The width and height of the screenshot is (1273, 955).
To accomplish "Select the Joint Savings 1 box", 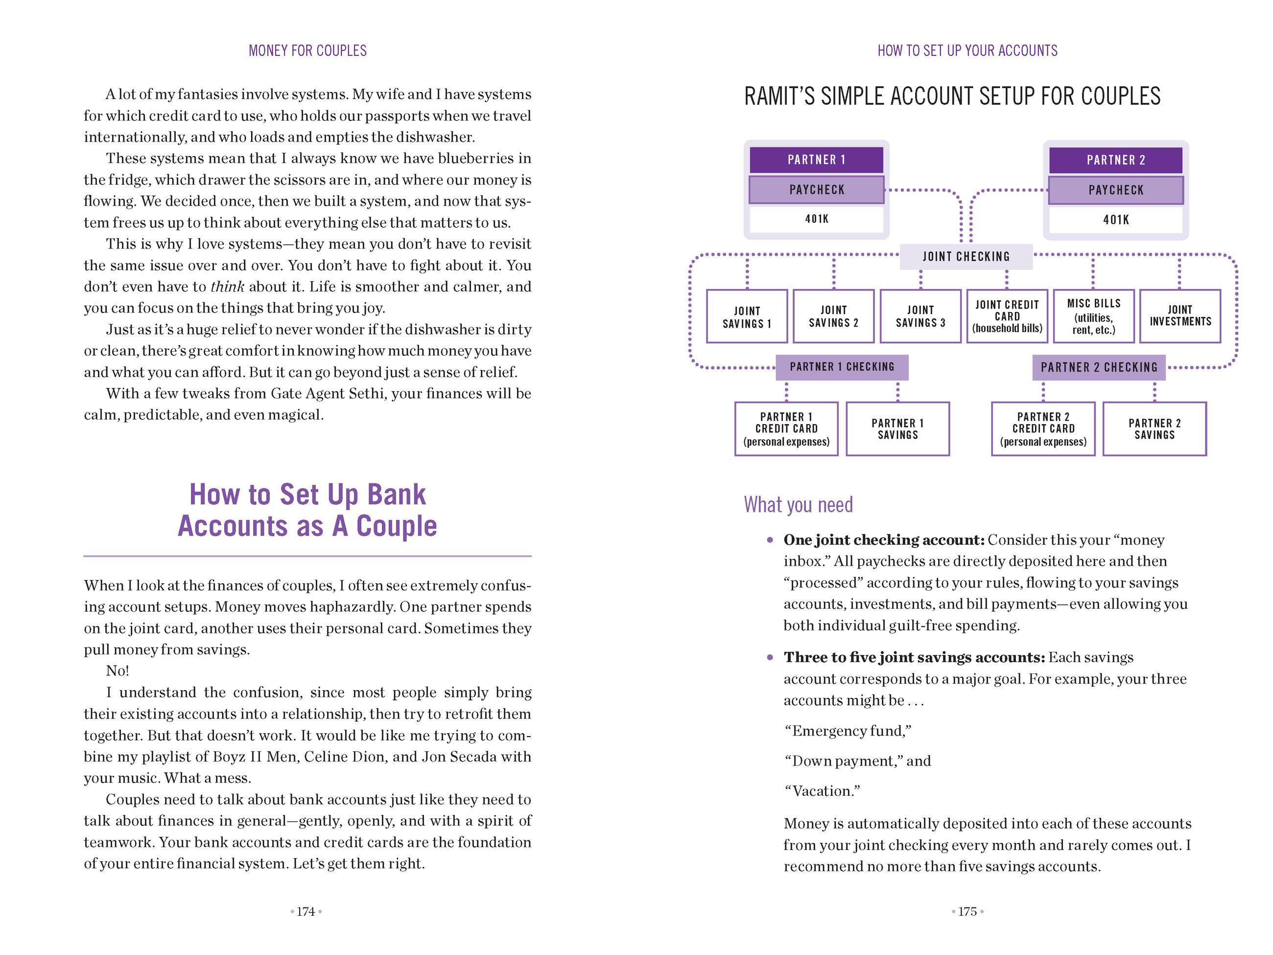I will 747,316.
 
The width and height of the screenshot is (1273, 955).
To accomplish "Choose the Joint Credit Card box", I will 1007,316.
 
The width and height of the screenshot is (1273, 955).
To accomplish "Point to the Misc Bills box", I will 1093,316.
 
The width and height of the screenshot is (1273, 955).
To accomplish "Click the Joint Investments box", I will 1180,316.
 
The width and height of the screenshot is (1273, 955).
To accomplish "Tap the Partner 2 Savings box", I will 1154,429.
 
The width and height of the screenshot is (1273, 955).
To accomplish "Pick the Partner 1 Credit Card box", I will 786,429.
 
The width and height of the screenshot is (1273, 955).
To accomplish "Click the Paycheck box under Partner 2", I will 1115,191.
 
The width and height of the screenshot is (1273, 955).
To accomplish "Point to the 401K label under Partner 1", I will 816,219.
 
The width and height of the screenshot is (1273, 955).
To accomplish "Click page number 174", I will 306,912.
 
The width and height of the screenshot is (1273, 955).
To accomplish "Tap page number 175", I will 967,912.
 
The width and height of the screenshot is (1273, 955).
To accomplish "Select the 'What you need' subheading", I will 798,505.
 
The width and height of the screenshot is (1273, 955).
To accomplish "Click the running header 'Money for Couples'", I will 307,50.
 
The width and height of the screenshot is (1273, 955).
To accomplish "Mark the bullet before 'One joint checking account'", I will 770,540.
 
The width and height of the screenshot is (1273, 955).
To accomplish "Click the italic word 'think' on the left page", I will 227,286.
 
